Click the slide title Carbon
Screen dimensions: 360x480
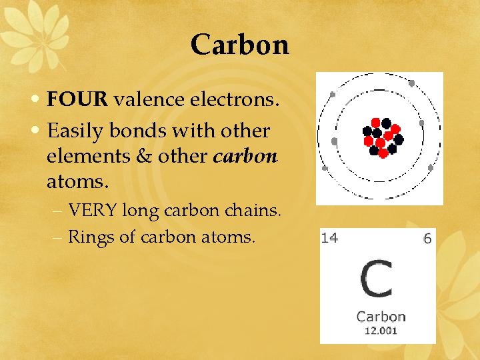pos(239,45)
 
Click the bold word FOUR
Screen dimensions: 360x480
pos(77,101)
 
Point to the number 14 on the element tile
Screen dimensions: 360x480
pos(329,238)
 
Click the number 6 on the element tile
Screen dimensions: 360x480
pos(427,238)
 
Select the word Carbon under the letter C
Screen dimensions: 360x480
pos(381,316)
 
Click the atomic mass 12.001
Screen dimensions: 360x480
pos(381,330)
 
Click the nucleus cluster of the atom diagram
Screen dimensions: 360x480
pos(382,137)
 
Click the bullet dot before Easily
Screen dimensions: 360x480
pos(38,131)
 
